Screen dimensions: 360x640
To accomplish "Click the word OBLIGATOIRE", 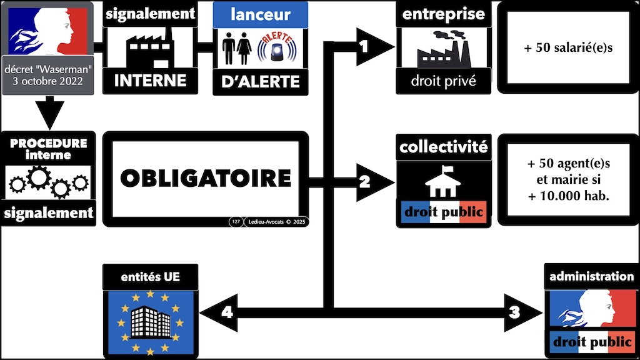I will click(x=206, y=178).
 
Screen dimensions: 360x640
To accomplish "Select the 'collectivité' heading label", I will click(x=444, y=147).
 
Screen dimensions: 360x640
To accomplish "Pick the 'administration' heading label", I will click(x=591, y=276).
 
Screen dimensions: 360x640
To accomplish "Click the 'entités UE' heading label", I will click(x=149, y=276).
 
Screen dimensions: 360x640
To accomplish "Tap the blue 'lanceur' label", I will click(x=260, y=14).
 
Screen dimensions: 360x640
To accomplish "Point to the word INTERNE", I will click(x=150, y=80).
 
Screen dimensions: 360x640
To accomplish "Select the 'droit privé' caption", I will click(x=443, y=81).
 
